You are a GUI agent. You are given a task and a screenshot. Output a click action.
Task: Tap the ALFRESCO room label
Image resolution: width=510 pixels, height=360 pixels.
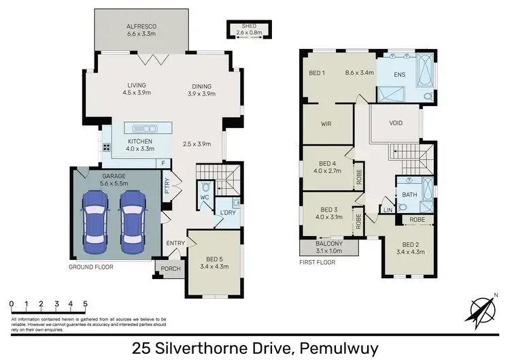(x=141, y=28)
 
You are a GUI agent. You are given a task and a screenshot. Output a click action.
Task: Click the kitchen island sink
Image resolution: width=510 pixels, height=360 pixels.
(x=144, y=129)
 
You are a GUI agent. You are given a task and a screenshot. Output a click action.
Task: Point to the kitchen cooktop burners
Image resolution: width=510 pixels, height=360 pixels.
(x=106, y=148)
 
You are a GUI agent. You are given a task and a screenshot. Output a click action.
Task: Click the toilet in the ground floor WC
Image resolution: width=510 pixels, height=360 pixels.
(x=205, y=186)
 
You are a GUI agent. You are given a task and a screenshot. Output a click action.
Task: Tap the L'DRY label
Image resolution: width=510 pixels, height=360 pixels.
(x=227, y=214)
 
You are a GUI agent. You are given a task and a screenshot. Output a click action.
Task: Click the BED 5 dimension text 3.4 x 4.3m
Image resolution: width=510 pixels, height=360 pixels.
(x=214, y=265)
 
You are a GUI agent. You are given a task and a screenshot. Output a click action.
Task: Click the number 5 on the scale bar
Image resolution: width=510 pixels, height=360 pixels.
(x=86, y=304)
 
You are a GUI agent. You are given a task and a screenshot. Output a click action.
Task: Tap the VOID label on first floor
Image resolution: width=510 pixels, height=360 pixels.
(x=396, y=123)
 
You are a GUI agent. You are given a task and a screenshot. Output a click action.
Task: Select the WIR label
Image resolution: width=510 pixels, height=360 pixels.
(x=327, y=125)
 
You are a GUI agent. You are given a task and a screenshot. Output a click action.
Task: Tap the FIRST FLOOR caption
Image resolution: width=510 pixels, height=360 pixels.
(x=318, y=261)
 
